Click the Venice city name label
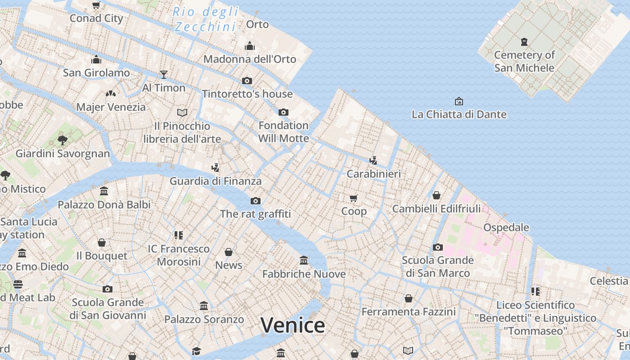click(x=292, y=325)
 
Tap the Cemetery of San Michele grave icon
click(x=524, y=42)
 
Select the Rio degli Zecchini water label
click(x=205, y=19)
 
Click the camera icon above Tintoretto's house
click(x=247, y=81)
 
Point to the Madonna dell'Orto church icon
click(x=250, y=46)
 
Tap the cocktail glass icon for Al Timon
click(x=164, y=74)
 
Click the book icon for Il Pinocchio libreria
click(x=182, y=112)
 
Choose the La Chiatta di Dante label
click(x=459, y=114)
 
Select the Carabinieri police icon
click(x=373, y=160)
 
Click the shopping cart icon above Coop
click(x=354, y=198)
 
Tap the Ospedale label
click(x=506, y=227)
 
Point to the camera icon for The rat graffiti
click(x=256, y=201)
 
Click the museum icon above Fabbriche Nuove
click(x=304, y=260)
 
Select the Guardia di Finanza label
click(x=216, y=181)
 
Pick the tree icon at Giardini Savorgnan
click(x=63, y=140)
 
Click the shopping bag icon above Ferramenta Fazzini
click(x=409, y=298)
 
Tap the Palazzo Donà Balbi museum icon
click(x=104, y=191)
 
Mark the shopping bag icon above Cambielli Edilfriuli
click(x=436, y=195)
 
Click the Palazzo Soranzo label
click(x=204, y=319)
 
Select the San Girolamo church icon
click(x=96, y=60)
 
